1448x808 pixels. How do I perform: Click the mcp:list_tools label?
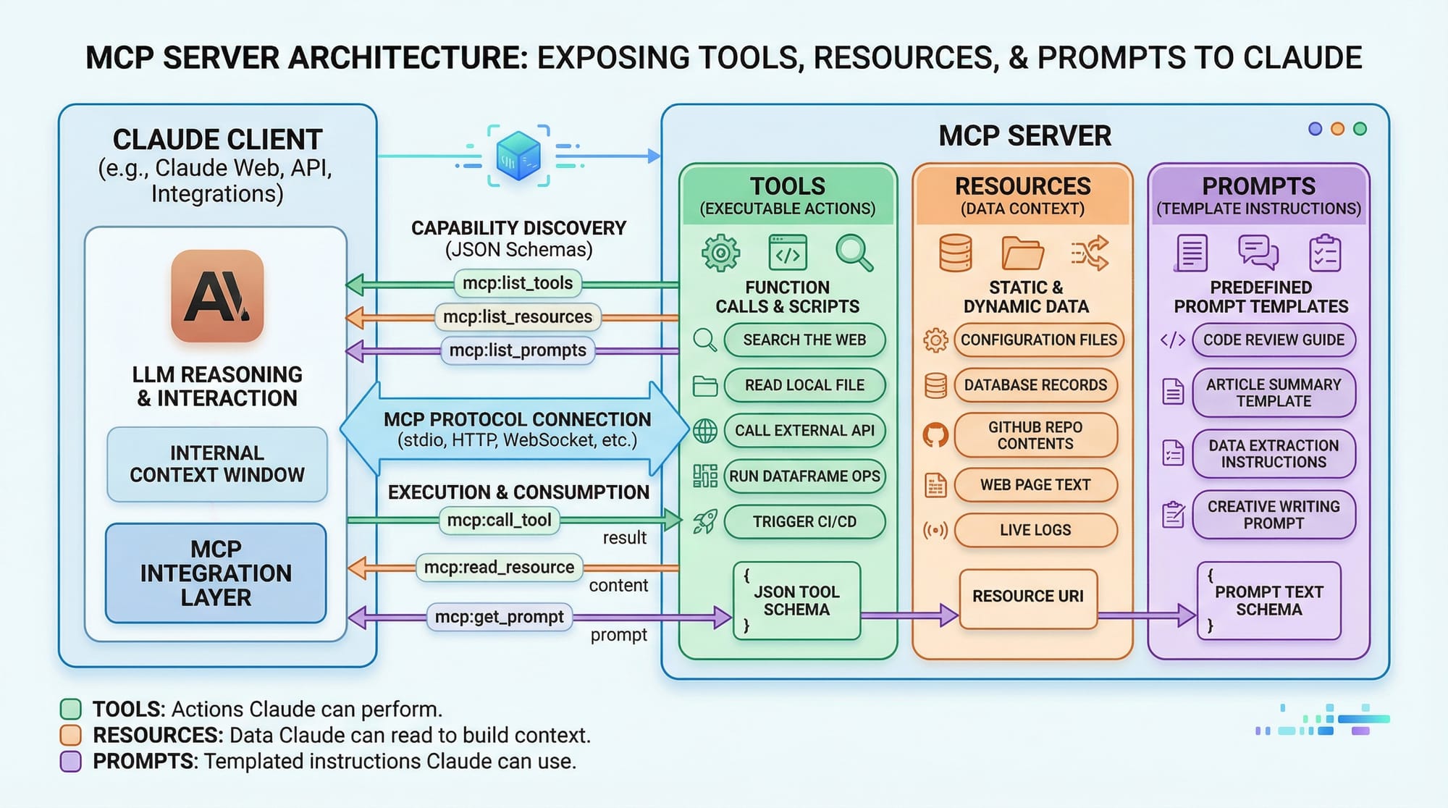(518, 283)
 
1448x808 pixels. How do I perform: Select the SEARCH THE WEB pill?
(804, 340)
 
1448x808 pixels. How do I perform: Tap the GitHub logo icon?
(935, 435)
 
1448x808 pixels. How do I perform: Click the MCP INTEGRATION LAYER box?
(216, 573)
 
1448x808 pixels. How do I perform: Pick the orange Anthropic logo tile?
(217, 296)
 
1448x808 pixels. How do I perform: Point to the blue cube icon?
(518, 156)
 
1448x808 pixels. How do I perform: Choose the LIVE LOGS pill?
(1035, 530)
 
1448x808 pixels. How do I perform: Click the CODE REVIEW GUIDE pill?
(1273, 340)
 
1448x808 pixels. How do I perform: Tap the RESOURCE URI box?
(1027, 597)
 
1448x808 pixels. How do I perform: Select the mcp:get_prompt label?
(499, 617)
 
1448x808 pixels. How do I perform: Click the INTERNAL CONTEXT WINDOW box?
(216, 464)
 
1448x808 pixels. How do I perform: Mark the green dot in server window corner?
(1360, 129)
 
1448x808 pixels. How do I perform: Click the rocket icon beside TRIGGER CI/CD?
(704, 521)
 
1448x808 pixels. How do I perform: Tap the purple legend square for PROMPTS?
(70, 762)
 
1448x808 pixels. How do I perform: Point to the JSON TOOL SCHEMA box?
(796, 601)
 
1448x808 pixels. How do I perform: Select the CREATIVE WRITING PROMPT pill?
(1273, 515)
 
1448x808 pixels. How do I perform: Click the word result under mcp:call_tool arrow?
(624, 538)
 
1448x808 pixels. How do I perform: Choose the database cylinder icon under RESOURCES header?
(955, 253)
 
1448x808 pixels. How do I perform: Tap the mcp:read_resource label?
(499, 568)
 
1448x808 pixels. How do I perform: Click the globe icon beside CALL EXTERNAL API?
(704, 431)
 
